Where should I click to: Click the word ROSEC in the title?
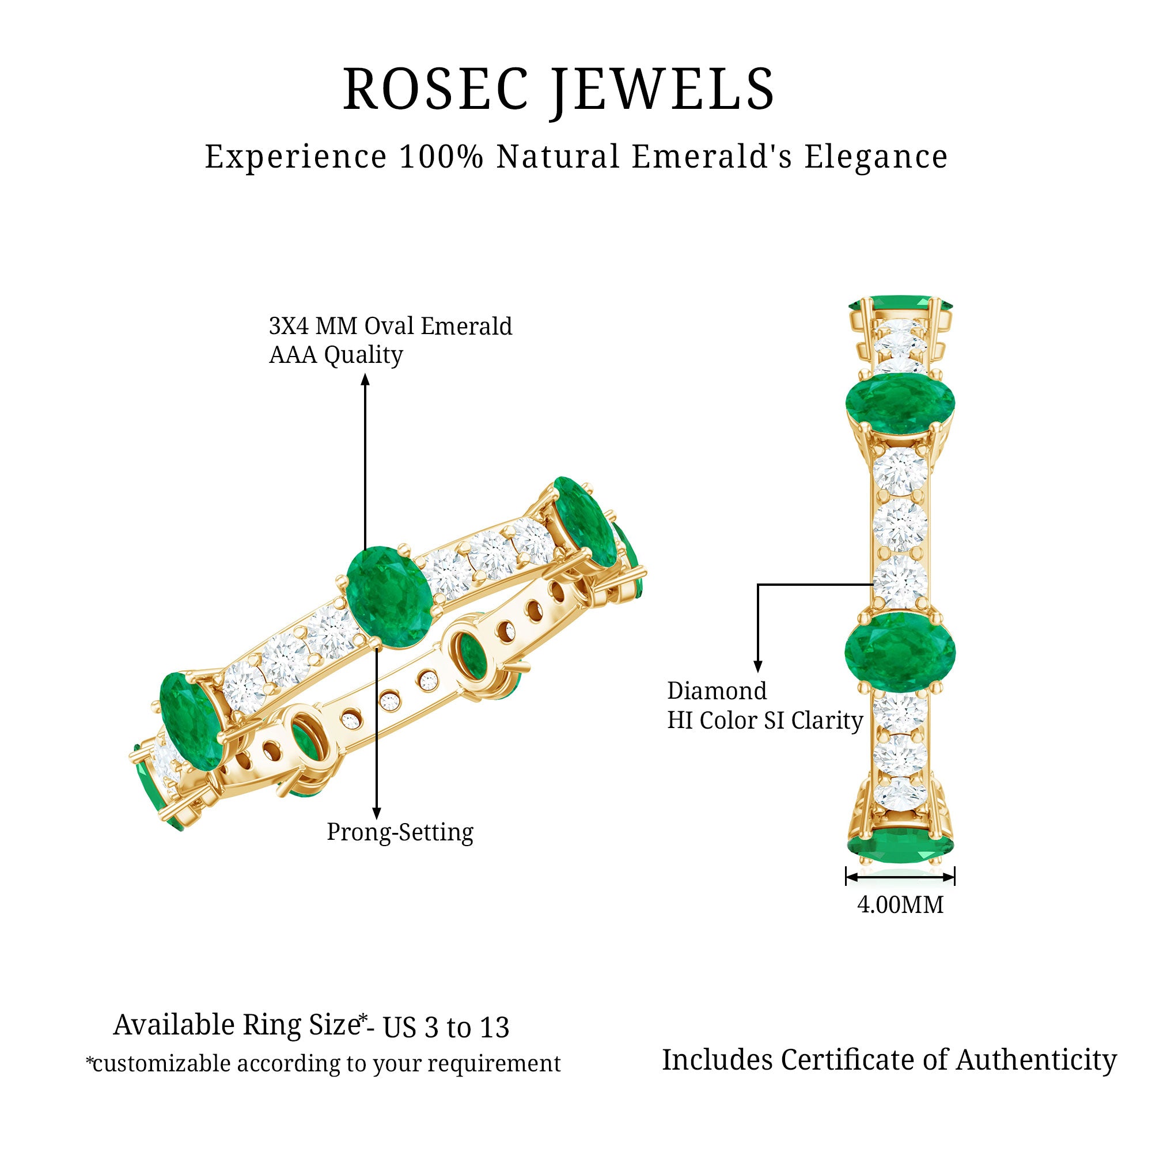(x=436, y=89)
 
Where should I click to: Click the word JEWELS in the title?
(x=662, y=89)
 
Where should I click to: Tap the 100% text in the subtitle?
(x=441, y=157)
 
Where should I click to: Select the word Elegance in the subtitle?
(x=876, y=157)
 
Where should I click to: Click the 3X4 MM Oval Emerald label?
(x=391, y=326)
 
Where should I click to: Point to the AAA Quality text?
(x=336, y=355)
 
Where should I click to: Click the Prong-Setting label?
(x=400, y=832)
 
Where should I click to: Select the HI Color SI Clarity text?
(x=764, y=721)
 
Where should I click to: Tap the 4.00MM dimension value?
(x=900, y=905)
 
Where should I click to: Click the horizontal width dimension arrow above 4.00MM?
(x=900, y=877)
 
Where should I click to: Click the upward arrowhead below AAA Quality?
(x=365, y=379)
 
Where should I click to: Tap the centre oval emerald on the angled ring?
(x=389, y=597)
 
